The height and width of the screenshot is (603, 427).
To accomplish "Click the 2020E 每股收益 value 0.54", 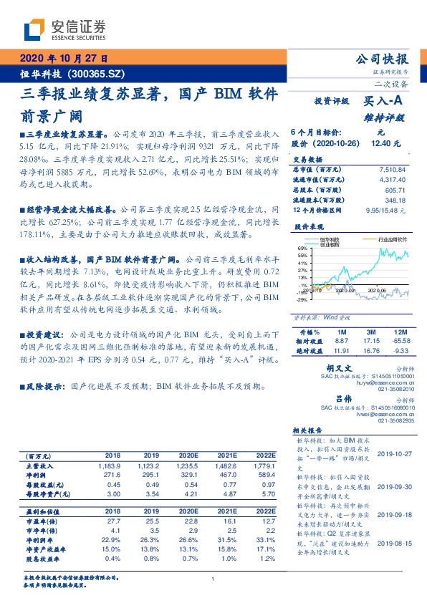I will pos(186,484).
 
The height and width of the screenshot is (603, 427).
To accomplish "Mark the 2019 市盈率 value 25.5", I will pos(150,524).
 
